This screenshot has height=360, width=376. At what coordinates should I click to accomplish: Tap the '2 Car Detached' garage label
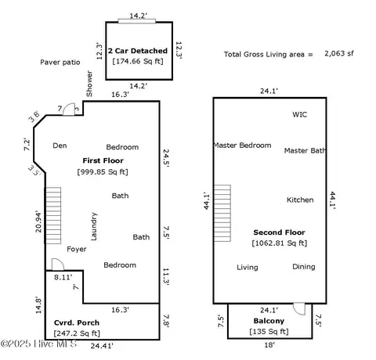(x=138, y=50)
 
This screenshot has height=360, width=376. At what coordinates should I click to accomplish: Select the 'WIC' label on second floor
(x=299, y=114)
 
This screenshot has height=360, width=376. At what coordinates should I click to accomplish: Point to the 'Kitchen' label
(x=299, y=200)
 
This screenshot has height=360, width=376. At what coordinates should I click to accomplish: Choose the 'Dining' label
(x=303, y=267)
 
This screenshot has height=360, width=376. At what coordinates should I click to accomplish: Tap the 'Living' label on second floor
(x=248, y=267)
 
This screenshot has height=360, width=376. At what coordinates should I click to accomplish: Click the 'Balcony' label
(x=269, y=321)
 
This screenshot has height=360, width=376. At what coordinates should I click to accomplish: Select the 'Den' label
(x=60, y=146)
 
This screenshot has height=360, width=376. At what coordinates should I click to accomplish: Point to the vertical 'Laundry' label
(x=94, y=227)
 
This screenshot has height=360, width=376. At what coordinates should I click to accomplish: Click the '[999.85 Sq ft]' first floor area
(x=102, y=171)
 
